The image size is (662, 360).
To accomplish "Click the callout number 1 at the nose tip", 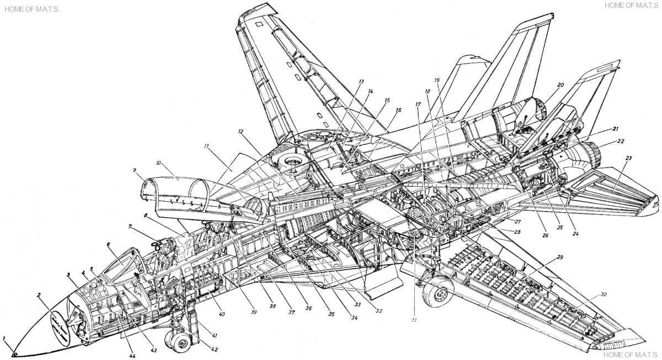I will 4,337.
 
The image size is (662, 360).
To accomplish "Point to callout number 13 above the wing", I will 361,81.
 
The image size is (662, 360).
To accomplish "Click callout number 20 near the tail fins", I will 560,85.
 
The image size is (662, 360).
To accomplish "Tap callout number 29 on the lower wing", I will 560,258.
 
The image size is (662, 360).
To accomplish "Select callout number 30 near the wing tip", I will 604,294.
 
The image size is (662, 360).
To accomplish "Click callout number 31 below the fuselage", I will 414,320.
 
